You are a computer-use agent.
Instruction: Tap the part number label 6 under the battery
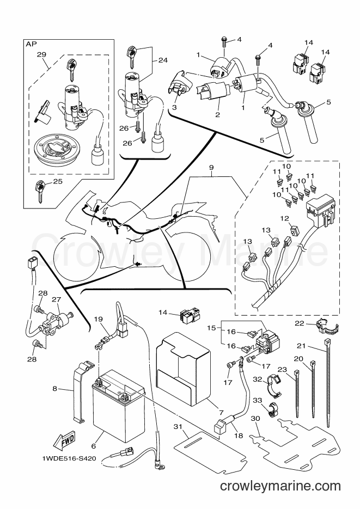pyautogui.click(x=94, y=446)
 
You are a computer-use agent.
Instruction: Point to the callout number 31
pyautogui.click(x=178, y=427)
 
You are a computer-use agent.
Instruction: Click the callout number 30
pyautogui.click(x=256, y=419)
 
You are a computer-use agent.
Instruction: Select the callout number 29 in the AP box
pyautogui.click(x=41, y=54)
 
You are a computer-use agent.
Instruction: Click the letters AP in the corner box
pyautogui.click(x=31, y=44)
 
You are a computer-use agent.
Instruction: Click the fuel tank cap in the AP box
pyautogui.click(x=57, y=149)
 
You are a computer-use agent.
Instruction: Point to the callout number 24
pyautogui.click(x=163, y=60)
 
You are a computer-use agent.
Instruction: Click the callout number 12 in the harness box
pyautogui.click(x=285, y=219)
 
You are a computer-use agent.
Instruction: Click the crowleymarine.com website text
pyautogui.click(x=280, y=486)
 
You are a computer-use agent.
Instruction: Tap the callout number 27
pyautogui.click(x=57, y=299)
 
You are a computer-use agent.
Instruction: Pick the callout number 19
pyautogui.click(x=99, y=319)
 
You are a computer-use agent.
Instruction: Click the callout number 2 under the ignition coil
pyautogui.click(x=217, y=115)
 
